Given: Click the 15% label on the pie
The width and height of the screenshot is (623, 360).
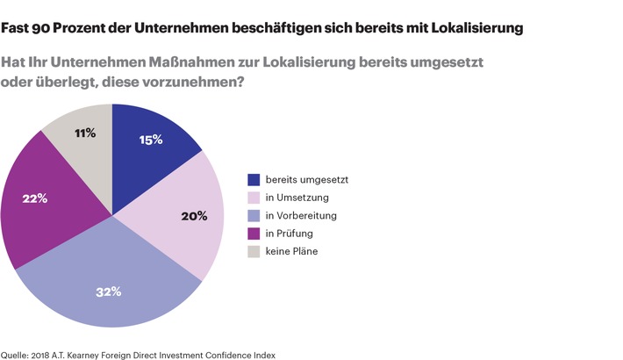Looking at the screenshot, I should click(x=151, y=140).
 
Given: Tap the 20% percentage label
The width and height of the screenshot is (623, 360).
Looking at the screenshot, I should click(x=194, y=215).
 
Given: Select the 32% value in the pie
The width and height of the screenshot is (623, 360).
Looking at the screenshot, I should click(x=109, y=292).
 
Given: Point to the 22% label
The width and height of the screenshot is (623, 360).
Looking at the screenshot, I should click(x=35, y=198).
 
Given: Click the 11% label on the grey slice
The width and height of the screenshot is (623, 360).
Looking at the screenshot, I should click(x=85, y=133).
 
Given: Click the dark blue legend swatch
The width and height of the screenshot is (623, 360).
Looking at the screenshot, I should click(x=254, y=180).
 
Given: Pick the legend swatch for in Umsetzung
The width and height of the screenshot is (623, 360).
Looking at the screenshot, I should click(x=254, y=198).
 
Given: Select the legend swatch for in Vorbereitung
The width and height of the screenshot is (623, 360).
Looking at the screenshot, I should click(x=254, y=215).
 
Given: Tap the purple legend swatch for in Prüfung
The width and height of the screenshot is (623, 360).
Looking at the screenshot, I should click(x=254, y=233).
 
